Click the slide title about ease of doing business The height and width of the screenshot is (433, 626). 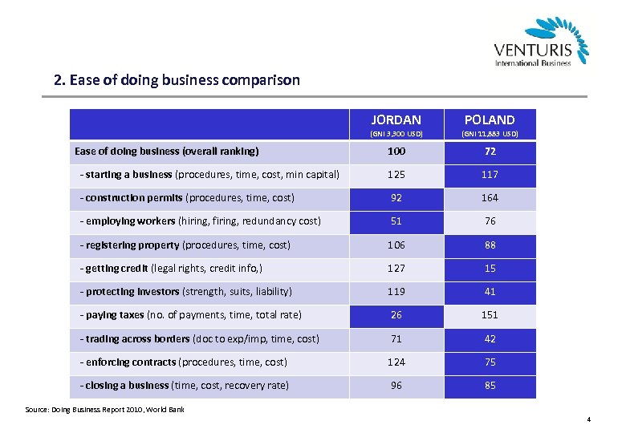pos(177,80)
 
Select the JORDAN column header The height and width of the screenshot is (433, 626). pos(396,119)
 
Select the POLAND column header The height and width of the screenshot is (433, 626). pos(490,119)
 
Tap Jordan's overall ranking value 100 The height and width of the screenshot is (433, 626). pos(396,151)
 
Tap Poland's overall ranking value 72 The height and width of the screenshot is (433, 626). pos(490,151)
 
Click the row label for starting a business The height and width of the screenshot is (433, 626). pos(209,174)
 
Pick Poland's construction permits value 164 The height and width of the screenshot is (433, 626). pos(490,197)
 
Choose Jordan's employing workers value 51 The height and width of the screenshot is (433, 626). pos(396,221)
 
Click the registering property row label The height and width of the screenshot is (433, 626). pos(185,245)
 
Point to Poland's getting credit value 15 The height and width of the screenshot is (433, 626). pos(490,268)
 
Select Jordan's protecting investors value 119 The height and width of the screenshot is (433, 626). pos(396,292)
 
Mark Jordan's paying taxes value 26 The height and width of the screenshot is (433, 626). pos(396,315)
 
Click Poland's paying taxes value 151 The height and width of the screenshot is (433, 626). pos(490,315)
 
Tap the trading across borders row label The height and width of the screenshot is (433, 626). pos(200,338)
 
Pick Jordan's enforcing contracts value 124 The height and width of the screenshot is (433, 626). pos(396,362)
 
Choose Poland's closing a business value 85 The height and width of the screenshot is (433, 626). pos(490,386)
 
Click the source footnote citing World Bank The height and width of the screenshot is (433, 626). pos(105,410)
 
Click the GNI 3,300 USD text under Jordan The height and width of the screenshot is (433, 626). pos(396,134)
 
